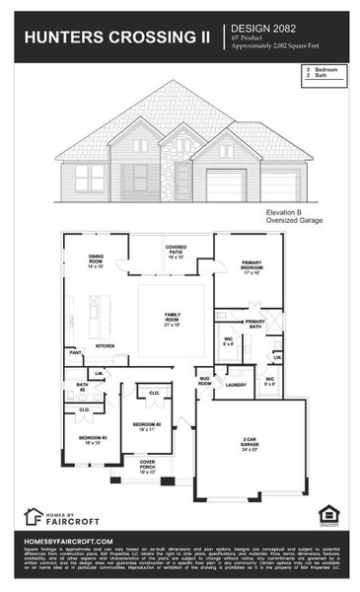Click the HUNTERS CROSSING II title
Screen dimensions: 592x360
[116, 38]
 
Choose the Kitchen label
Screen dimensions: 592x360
[105, 346]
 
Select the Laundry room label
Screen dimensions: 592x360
[235, 385]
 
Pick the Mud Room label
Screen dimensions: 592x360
[205, 380]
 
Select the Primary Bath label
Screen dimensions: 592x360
[254, 324]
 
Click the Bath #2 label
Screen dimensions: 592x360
[82, 387]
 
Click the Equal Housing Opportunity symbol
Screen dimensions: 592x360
[327, 513]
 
